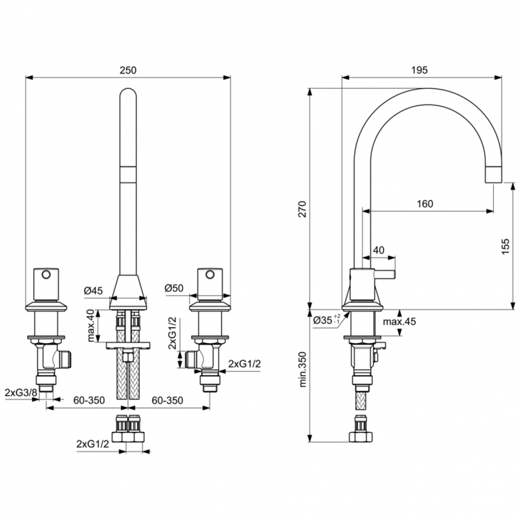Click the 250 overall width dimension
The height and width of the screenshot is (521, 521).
pos(129,70)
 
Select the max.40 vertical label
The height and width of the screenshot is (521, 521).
pos(90,324)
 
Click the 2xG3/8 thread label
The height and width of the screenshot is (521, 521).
pos(19,393)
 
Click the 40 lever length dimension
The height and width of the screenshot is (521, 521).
pos(379,250)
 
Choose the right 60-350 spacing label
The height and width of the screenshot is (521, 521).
pos(168,401)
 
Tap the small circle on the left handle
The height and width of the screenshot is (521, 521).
pos(47,274)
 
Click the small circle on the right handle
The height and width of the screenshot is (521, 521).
pos(209,274)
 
